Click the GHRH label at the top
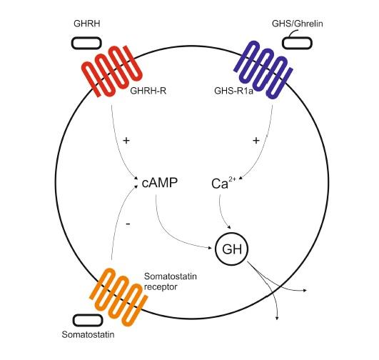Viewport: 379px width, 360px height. pos(87,24)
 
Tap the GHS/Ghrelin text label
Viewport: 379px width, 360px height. pos(298,24)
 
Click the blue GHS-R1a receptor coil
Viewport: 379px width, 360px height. pos(263,70)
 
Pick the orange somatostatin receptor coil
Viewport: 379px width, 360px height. pos(118,296)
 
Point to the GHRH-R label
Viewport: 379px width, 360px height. pos(148,91)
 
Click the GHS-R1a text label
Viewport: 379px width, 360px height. pos(233,91)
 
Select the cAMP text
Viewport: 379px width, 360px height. pos(160,183)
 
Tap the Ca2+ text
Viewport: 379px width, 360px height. pos(223,183)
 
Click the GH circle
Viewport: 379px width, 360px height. pos(232,233)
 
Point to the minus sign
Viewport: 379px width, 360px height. pos(128,224)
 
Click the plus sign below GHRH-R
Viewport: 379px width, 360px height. pos(126,140)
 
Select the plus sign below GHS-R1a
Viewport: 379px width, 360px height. pos(256,140)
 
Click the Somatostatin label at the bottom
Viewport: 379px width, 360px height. pos(88,334)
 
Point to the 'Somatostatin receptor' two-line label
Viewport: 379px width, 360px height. pos(170,281)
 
